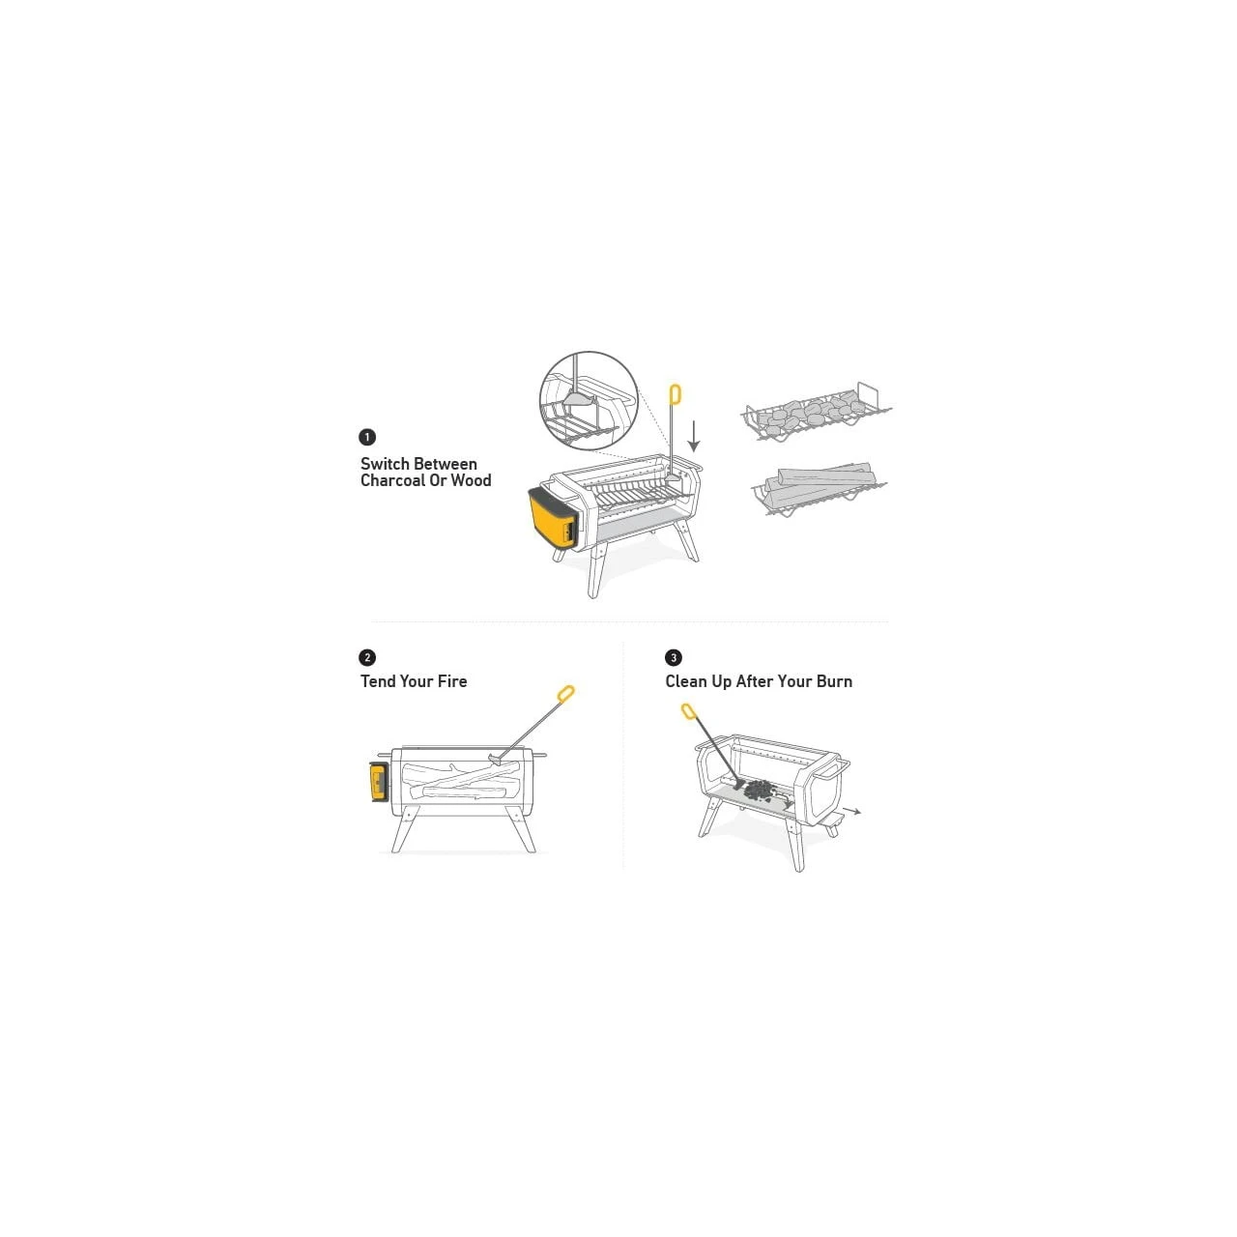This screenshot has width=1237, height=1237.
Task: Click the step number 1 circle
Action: (367, 437)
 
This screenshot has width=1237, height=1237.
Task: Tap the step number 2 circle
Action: (367, 657)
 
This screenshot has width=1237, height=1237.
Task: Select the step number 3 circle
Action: (674, 657)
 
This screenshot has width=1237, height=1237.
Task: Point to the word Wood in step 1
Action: (471, 481)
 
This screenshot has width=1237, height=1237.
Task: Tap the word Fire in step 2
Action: (452, 681)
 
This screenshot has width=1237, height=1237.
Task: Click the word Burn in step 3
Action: (834, 681)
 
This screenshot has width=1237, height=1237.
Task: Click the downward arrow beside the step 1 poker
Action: (693, 437)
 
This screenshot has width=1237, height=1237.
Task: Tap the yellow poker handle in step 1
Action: (675, 394)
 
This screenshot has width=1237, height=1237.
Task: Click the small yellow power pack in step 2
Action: (378, 781)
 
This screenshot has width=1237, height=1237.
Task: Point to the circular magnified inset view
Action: (589, 400)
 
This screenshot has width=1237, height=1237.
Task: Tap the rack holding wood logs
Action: (820, 489)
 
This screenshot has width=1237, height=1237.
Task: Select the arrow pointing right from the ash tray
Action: (852, 812)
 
